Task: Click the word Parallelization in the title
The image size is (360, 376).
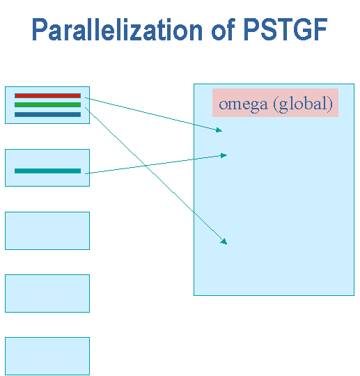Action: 117,29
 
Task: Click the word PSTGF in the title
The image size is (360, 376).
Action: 285,29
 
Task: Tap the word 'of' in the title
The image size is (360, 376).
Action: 223,29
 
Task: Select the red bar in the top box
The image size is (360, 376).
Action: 47,95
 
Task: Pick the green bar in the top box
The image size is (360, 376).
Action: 47,104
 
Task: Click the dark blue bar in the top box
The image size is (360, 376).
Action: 47,114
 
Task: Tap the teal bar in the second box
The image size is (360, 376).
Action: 47,171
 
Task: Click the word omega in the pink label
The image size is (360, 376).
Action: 243,104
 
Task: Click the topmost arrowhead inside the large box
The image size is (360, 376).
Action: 219,130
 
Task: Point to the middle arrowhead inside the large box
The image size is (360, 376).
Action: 224,156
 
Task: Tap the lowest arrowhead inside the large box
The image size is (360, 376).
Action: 224,242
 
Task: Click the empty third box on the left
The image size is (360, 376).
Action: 47,230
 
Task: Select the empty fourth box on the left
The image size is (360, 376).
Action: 47,293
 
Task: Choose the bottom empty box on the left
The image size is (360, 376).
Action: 47,356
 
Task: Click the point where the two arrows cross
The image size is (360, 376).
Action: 146,166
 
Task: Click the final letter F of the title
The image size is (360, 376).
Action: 320,29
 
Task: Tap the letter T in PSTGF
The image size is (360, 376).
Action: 284,29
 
